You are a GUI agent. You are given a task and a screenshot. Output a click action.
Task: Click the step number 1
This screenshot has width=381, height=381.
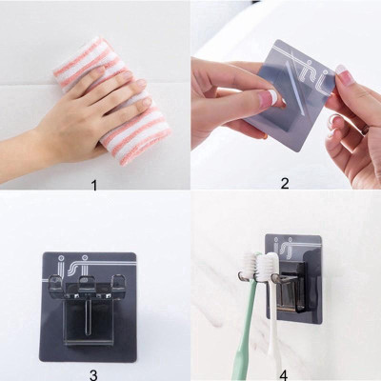pyautogui.click(x=93, y=184)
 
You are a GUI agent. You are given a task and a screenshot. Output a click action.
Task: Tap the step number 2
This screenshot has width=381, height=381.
pyautogui.click(x=284, y=184)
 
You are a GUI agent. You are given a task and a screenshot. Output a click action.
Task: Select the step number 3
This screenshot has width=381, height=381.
pyautogui.click(x=92, y=374)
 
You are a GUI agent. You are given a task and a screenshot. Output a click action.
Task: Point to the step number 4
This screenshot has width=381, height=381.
pyautogui.click(x=284, y=374)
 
